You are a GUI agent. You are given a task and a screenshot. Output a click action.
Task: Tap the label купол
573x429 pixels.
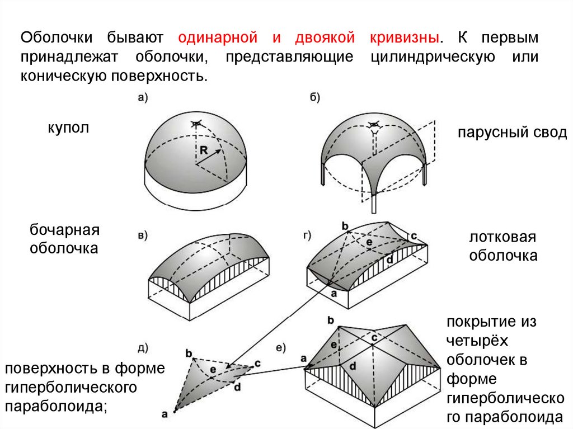[x=68, y=128]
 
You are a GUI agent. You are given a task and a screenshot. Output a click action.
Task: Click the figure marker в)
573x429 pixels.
[x=142, y=235]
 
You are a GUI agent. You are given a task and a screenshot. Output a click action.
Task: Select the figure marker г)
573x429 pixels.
[x=307, y=234]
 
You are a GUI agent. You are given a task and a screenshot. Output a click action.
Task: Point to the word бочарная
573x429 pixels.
[x=64, y=230]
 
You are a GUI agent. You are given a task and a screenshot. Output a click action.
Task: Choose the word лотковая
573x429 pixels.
[x=502, y=237]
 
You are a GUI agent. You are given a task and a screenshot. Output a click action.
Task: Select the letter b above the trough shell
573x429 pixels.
[x=345, y=226]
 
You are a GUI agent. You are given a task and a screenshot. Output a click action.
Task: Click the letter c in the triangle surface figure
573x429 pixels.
[x=257, y=363]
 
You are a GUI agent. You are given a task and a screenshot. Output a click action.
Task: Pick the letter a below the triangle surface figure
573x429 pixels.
[x=165, y=414]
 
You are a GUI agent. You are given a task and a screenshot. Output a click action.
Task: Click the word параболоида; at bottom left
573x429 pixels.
[x=56, y=406]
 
